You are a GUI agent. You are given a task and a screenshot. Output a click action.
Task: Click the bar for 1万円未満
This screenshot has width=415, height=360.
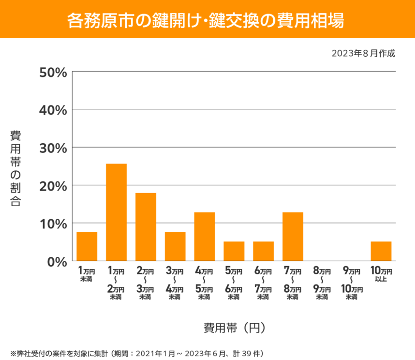(87, 247)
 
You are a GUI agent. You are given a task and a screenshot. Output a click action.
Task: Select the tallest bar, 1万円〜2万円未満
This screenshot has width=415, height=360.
(116, 212)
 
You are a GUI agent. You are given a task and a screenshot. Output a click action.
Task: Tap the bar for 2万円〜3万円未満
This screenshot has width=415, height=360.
(146, 227)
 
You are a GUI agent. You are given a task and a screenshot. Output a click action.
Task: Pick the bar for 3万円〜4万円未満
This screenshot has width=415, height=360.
(175, 247)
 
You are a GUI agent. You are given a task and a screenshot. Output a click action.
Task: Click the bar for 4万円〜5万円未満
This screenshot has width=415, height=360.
(205, 237)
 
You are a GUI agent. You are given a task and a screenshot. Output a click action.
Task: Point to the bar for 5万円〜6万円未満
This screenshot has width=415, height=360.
(234, 251)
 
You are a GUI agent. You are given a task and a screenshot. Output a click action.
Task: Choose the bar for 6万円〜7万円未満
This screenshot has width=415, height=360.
(264, 251)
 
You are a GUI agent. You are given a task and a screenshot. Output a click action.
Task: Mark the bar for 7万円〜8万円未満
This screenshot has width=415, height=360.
(293, 237)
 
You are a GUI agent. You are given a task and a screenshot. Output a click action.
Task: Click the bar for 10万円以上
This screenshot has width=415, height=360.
(381, 251)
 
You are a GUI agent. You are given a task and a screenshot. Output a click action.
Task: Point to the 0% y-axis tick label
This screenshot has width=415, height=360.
(56, 262)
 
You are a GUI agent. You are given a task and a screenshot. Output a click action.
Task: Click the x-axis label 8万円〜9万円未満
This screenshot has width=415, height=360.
(322, 283)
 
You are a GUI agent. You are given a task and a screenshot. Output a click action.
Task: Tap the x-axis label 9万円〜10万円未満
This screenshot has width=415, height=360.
(352, 283)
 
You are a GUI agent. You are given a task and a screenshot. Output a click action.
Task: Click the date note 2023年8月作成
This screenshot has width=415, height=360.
(363, 53)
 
